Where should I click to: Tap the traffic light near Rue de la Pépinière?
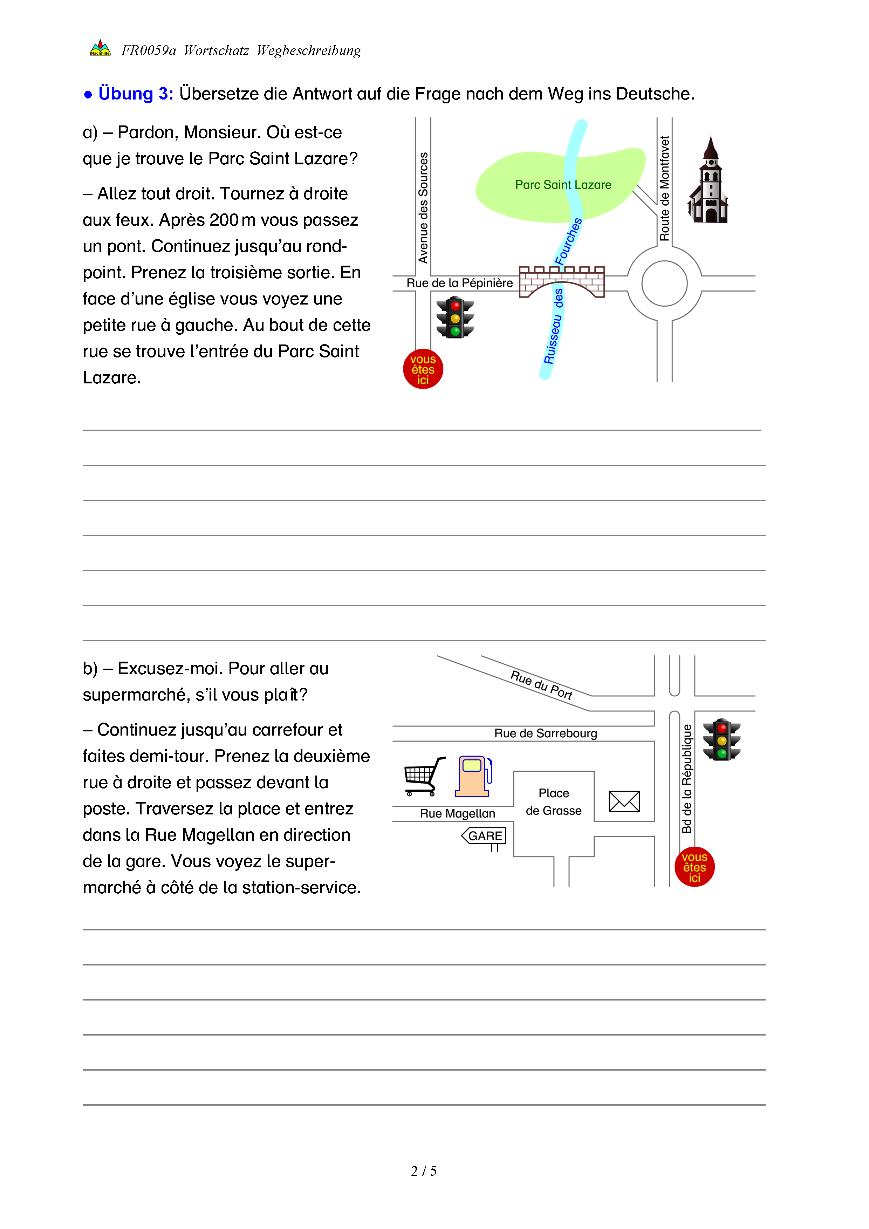point(455,318)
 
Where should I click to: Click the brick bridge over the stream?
point(562,281)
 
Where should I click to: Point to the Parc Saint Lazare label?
point(563,185)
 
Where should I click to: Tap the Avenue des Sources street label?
point(423,208)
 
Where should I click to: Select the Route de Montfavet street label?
point(665,189)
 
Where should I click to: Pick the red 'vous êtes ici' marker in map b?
point(694,867)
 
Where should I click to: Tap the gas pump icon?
point(473,776)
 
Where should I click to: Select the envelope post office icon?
point(624,801)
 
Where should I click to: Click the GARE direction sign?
point(484,836)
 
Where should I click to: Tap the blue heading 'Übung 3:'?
point(136,94)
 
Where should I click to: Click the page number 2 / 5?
point(424,1171)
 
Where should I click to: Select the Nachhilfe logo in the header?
point(100,48)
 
